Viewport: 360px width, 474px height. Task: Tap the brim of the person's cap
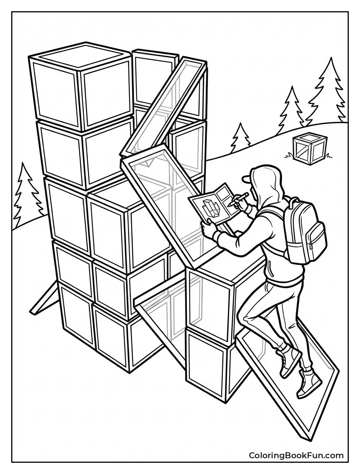point(246,179)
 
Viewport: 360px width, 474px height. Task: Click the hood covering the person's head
point(266,180)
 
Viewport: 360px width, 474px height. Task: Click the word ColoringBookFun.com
point(296,455)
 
